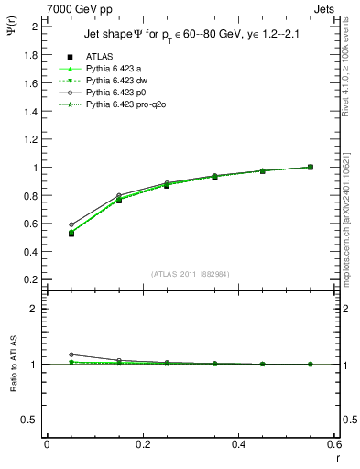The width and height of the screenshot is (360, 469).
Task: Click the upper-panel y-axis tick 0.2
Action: click(29, 279)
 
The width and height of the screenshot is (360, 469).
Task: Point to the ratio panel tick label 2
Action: click(34, 309)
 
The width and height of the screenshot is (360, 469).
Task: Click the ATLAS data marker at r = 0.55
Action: click(311, 167)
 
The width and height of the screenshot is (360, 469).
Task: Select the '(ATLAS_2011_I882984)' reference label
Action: click(190, 274)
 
